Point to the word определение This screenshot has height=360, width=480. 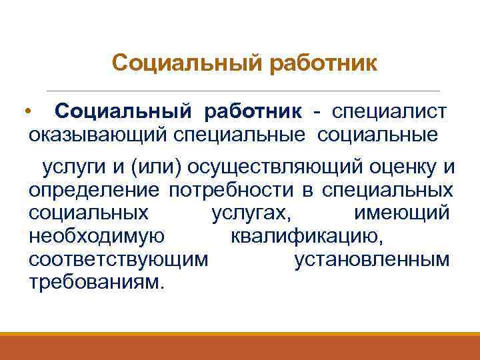[94, 190]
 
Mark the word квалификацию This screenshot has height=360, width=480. [306, 236]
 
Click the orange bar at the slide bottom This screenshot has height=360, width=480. [240, 346]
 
